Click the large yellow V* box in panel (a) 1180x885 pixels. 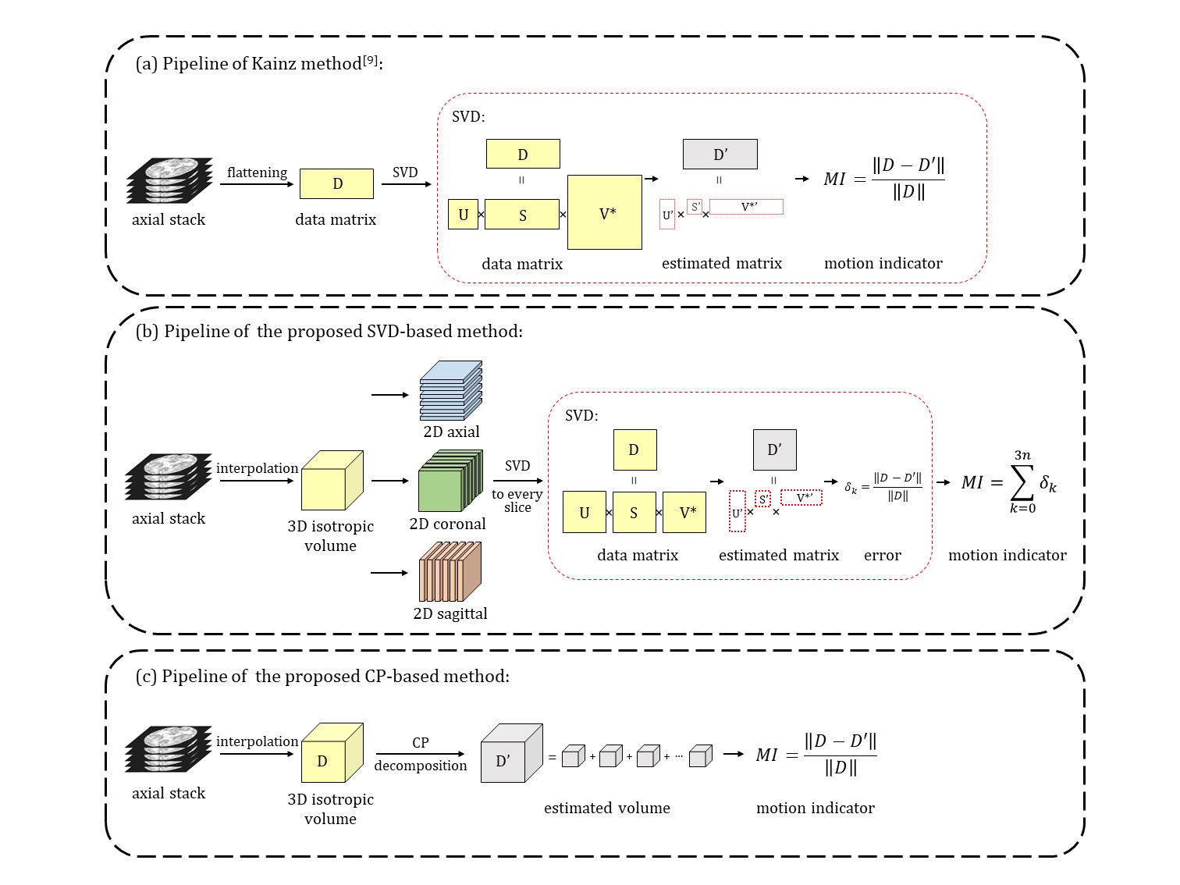605,212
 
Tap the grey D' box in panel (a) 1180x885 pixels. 720,155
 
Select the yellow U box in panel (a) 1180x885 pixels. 463,215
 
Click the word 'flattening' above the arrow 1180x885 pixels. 257,172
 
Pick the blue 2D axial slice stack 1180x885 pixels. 450,390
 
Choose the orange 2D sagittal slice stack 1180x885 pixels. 450,572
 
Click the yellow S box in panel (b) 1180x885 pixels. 634,513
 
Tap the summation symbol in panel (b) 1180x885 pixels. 1022,482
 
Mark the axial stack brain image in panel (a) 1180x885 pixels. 169,181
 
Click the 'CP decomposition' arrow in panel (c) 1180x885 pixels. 420,754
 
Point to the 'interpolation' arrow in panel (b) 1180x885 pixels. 257,481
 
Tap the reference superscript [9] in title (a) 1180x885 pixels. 371,59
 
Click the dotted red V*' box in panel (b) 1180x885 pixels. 801,498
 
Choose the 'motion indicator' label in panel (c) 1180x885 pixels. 815,809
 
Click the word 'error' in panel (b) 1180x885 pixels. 882,556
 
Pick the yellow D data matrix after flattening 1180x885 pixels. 336,184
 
